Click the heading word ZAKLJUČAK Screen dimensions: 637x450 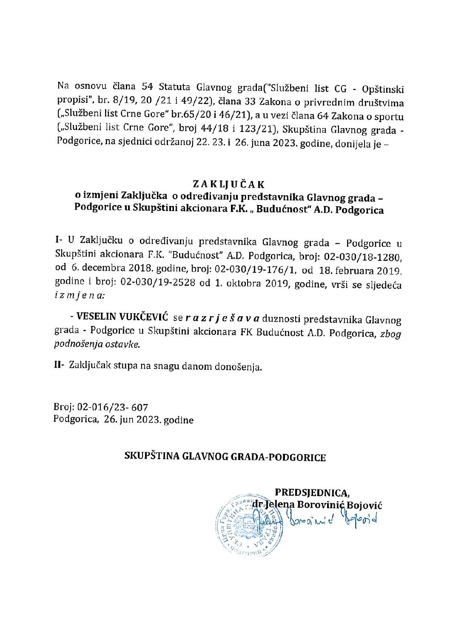pyautogui.click(x=228, y=184)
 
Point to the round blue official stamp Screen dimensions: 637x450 pyautogui.click(x=250, y=525)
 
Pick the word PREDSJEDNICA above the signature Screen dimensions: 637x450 pyautogui.click(x=312, y=492)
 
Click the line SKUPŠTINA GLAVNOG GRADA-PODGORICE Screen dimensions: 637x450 pyautogui.click(x=225, y=457)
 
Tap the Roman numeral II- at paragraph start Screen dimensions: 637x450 pyautogui.click(x=60, y=366)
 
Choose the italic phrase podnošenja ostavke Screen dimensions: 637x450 pyautogui.click(x=97, y=344)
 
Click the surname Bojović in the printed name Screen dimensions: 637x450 pyautogui.click(x=365, y=505)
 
